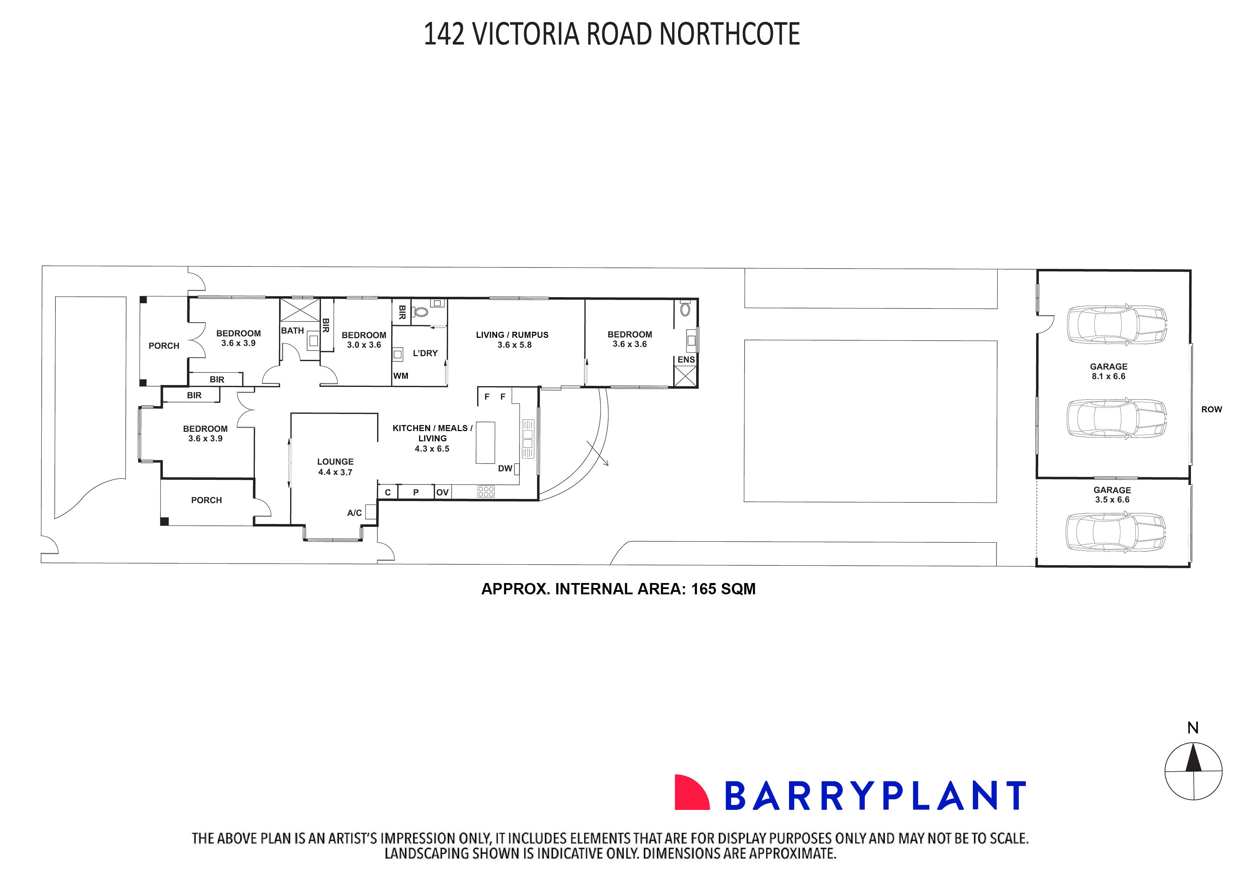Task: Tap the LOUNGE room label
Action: [x=335, y=462]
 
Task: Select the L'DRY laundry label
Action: [x=425, y=353]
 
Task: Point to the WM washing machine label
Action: [x=401, y=376]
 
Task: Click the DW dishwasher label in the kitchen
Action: [x=505, y=468]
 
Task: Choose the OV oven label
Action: [x=442, y=493]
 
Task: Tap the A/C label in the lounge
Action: [x=354, y=512]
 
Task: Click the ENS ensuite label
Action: [x=686, y=360]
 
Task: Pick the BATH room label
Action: [x=292, y=330]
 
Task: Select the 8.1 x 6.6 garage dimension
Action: [x=1108, y=376]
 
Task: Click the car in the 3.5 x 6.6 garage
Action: [x=1115, y=532]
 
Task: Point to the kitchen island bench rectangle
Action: [x=485, y=442]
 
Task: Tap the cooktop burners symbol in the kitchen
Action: [x=486, y=492]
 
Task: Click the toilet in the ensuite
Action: [x=685, y=310]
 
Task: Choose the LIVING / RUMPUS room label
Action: [x=512, y=335]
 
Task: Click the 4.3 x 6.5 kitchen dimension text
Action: [x=432, y=449]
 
